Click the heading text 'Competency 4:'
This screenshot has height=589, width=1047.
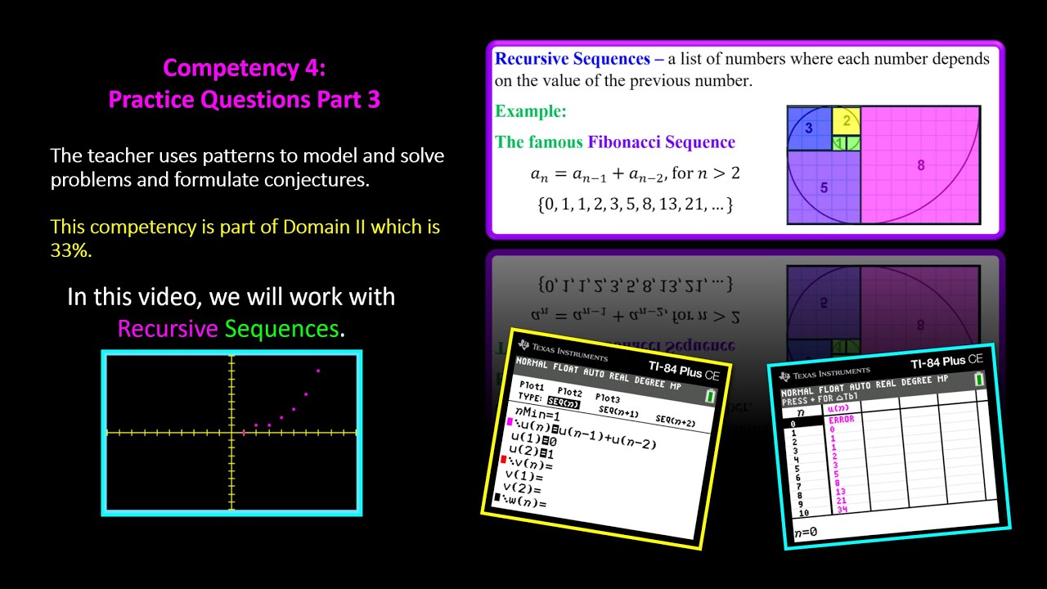point(244,67)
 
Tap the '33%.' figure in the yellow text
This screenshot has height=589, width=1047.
point(70,251)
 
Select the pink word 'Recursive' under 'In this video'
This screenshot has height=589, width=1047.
point(168,329)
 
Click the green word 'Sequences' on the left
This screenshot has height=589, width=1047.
point(281,329)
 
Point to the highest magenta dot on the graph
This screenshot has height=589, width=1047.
point(318,371)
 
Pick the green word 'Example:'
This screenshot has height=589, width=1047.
point(530,111)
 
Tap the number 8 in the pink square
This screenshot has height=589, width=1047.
point(920,165)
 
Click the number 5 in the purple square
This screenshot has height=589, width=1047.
point(824,187)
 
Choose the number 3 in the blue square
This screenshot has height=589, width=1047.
point(808,128)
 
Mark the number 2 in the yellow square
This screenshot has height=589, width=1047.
point(847,120)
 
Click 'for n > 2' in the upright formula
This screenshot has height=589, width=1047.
point(705,173)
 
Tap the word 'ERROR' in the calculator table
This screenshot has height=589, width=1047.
point(841,419)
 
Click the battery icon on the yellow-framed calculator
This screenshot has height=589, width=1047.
point(710,396)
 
